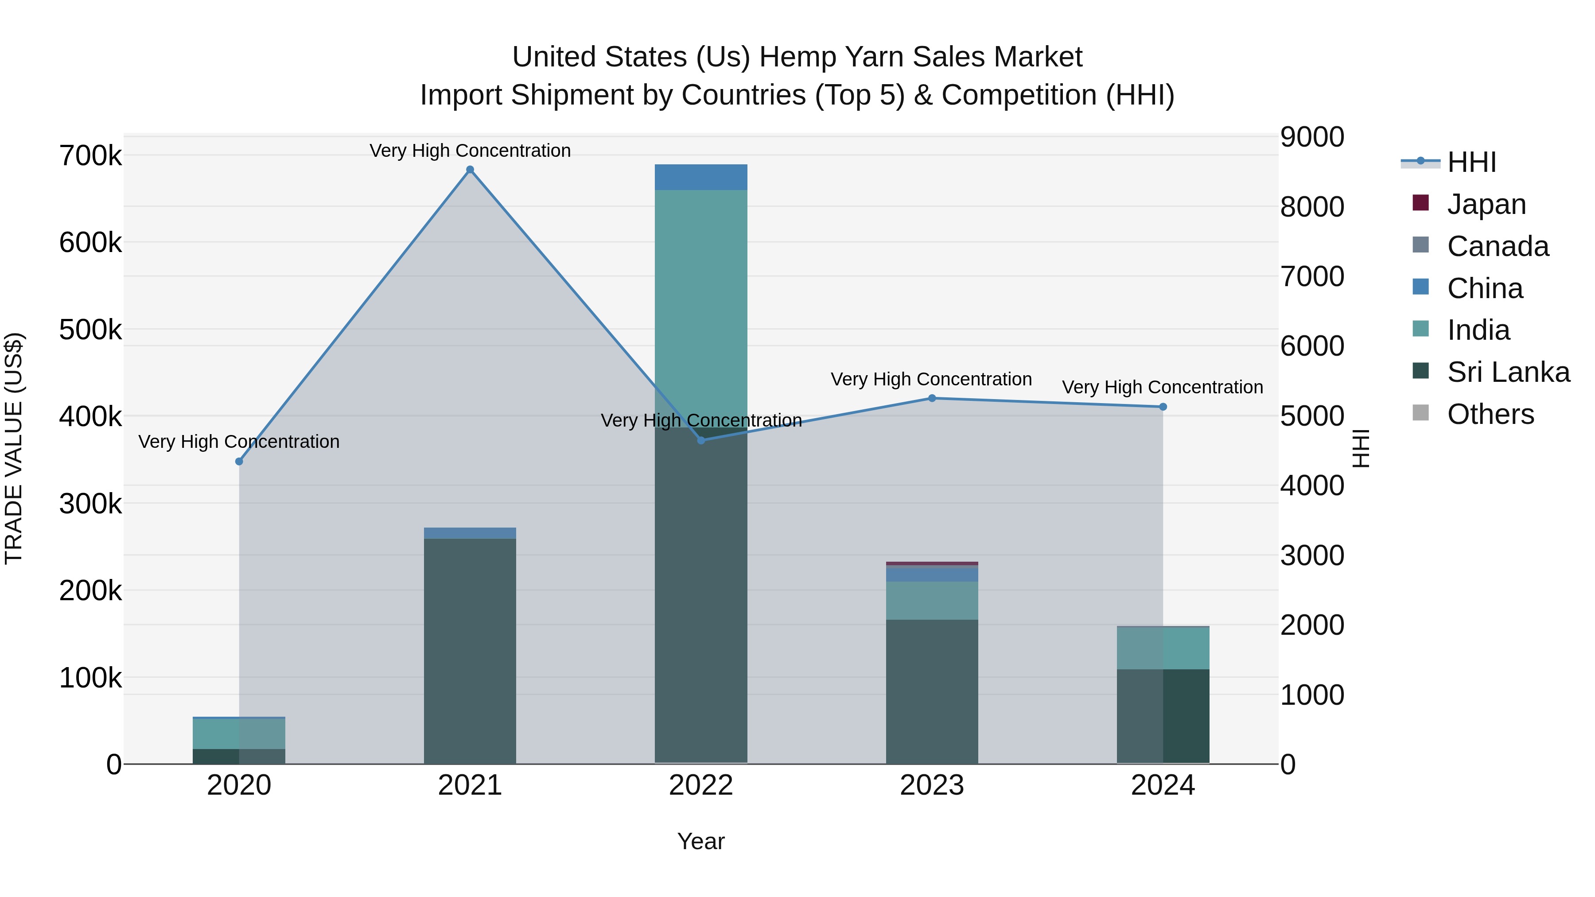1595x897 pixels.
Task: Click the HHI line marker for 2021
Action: (x=470, y=170)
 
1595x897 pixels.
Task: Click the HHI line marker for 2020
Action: (x=239, y=461)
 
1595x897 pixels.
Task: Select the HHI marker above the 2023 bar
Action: (x=932, y=398)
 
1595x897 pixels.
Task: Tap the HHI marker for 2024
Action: (x=1163, y=407)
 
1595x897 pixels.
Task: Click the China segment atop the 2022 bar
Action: (x=701, y=177)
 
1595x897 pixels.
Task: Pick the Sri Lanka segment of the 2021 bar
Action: (x=470, y=650)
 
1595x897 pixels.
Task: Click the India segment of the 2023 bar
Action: (x=932, y=601)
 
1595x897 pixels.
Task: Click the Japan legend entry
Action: (x=1486, y=204)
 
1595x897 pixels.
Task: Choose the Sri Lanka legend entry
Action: (x=1508, y=372)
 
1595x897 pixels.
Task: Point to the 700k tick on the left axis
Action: (x=90, y=155)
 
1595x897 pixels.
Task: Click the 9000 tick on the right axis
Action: (x=1312, y=137)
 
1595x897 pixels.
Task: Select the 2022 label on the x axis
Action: (x=701, y=785)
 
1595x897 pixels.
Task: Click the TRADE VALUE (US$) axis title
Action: (x=14, y=448)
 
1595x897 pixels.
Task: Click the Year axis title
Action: (x=701, y=841)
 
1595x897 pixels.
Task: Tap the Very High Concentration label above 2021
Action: (x=470, y=151)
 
